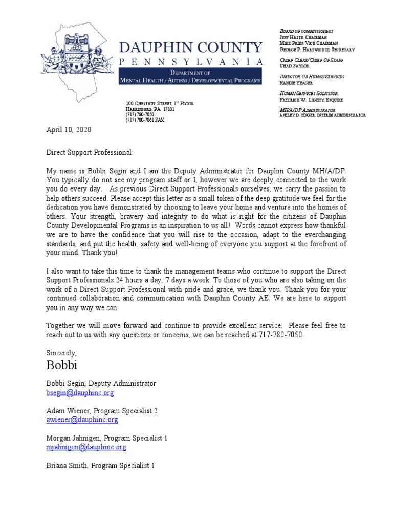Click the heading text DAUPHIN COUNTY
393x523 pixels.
[191, 47]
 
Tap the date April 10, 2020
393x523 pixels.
[69, 130]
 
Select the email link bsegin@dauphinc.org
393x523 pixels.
[80, 393]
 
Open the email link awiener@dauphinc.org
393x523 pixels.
[82, 420]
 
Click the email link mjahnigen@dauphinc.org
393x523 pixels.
[86, 447]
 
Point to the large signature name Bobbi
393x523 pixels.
[63, 365]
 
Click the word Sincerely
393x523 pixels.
[61, 352]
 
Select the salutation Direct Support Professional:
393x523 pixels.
[90, 152]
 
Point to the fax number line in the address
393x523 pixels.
[145, 120]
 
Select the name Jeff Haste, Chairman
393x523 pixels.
[303, 37]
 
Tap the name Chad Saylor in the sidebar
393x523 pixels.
[294, 66]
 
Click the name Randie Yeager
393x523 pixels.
[296, 82]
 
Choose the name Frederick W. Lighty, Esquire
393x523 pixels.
[311, 100]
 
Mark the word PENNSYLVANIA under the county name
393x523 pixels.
[191, 62]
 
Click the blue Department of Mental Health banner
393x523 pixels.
[190, 78]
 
